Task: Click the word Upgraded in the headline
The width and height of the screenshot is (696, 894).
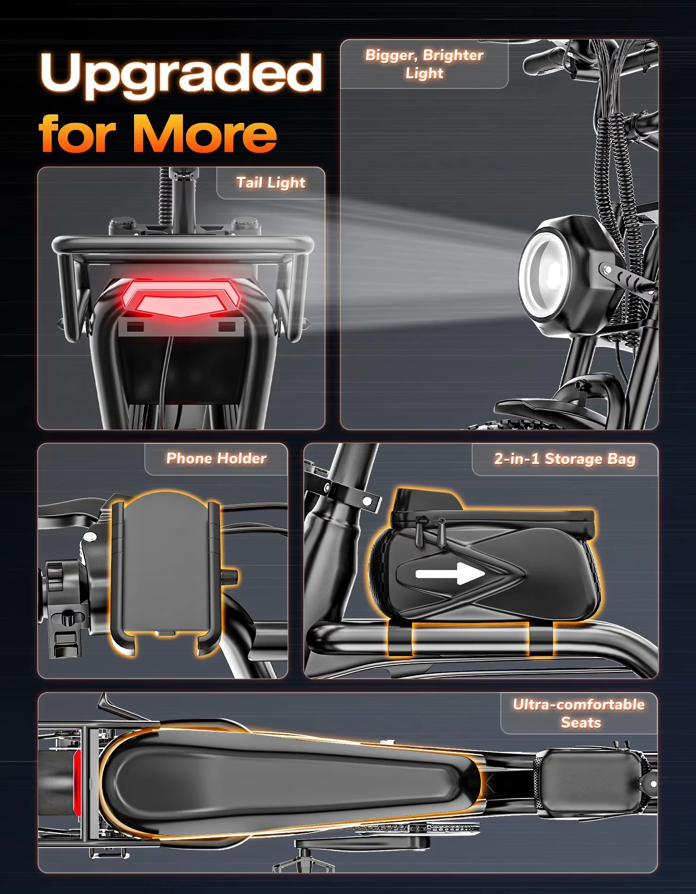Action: coord(182,74)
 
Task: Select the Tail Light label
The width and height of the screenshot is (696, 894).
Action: coord(271,183)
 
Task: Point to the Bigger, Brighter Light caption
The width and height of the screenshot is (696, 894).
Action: coord(425,64)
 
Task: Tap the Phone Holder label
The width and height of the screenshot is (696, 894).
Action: coord(216,458)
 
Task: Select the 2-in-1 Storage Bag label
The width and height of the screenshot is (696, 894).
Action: coord(565,459)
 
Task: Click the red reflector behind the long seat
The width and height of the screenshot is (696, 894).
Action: coord(77,782)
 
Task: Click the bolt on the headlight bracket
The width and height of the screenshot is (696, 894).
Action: coord(607,270)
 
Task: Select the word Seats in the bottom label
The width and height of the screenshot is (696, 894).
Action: coord(581,722)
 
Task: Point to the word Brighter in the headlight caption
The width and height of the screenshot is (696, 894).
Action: coord(453,56)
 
